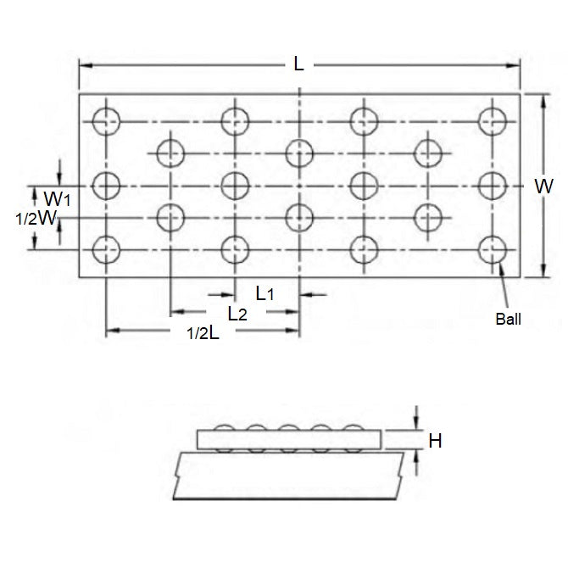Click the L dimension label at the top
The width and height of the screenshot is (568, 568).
click(x=298, y=64)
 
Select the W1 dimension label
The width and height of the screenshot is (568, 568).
click(x=56, y=200)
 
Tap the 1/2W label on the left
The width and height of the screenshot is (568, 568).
click(x=35, y=219)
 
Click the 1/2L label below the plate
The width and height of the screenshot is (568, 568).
click(x=203, y=333)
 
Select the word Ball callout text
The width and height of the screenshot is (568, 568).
click(x=509, y=320)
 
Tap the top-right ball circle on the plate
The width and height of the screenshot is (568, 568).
click(x=491, y=120)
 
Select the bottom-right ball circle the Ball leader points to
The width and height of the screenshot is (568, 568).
click(x=491, y=249)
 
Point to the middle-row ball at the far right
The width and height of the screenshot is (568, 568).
click(x=491, y=184)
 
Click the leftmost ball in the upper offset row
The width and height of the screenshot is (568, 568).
click(x=170, y=153)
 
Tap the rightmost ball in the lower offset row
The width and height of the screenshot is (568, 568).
click(x=426, y=217)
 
